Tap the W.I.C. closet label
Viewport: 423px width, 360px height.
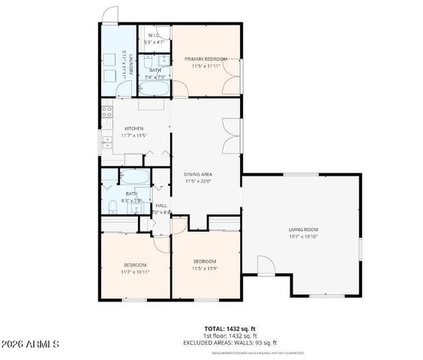(153, 35)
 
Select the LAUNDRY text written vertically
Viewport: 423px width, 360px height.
(130, 65)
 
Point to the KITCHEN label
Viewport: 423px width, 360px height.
(133, 128)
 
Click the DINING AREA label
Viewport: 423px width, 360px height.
(198, 174)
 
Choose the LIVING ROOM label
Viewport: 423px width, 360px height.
(303, 229)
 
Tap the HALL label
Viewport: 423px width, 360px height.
(160, 205)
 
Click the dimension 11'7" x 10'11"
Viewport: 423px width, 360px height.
(135, 272)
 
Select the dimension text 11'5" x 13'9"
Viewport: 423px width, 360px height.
(204, 268)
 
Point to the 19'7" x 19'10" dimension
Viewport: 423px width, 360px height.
(303, 236)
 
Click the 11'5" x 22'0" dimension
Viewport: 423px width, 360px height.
(198, 181)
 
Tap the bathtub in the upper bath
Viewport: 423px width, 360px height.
(156, 88)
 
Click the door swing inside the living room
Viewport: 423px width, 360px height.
(265, 265)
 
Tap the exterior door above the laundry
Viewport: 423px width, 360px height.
(110, 14)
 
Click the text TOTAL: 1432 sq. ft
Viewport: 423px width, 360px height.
(231, 329)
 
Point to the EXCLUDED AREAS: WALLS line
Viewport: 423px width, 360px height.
(231, 343)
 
